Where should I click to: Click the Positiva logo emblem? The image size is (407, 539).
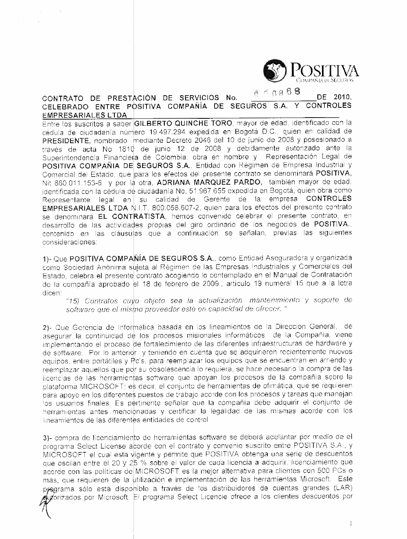(274, 71)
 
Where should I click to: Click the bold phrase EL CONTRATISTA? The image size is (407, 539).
(134, 216)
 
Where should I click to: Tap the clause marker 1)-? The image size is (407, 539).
(48, 259)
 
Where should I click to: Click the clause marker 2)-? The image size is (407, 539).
(48, 327)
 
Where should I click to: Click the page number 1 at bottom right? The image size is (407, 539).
(350, 524)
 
